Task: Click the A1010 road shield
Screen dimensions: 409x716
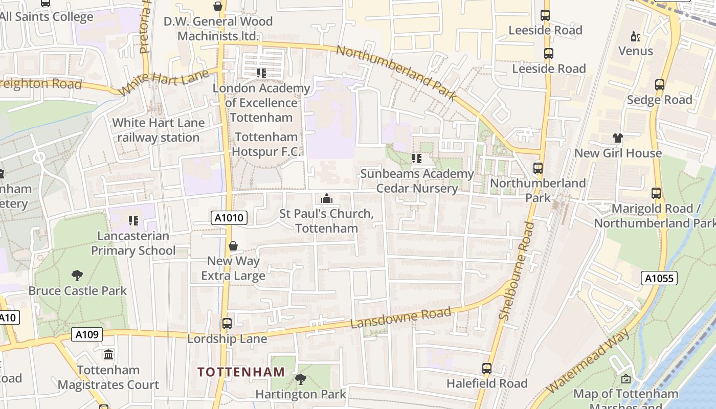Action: click(229, 218)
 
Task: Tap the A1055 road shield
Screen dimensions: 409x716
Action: click(659, 278)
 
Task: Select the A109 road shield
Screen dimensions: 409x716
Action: click(86, 334)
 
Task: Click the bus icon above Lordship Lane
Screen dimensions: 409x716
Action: click(227, 324)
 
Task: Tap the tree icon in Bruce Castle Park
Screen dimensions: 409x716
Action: click(77, 276)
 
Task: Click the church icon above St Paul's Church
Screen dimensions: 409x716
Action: click(326, 198)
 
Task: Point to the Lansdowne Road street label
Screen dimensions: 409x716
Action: click(401, 318)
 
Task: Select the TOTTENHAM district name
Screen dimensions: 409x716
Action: click(241, 372)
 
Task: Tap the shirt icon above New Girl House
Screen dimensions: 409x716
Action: click(617, 138)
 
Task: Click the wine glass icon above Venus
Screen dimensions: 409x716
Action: click(636, 36)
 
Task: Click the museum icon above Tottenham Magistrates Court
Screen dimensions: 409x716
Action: click(108, 354)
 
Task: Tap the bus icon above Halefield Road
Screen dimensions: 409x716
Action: click(486, 368)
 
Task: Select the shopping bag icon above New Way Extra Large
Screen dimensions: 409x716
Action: click(233, 246)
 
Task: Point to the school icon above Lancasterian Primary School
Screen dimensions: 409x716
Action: click(133, 221)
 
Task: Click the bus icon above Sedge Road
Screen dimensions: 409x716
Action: click(660, 85)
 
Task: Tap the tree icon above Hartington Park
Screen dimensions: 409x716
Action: click(301, 379)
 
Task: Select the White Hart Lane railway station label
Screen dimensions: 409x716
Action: click(158, 130)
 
